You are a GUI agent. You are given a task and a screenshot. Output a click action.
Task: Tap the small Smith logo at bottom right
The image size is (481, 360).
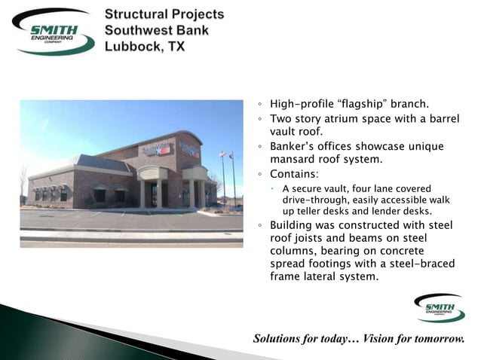click(440, 308)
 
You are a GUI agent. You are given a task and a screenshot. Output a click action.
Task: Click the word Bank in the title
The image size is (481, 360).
click(192, 30)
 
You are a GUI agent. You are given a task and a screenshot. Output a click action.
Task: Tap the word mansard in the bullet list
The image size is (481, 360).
click(294, 160)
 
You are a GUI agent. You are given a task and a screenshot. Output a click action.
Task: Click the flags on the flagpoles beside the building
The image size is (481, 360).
click(226, 157)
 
